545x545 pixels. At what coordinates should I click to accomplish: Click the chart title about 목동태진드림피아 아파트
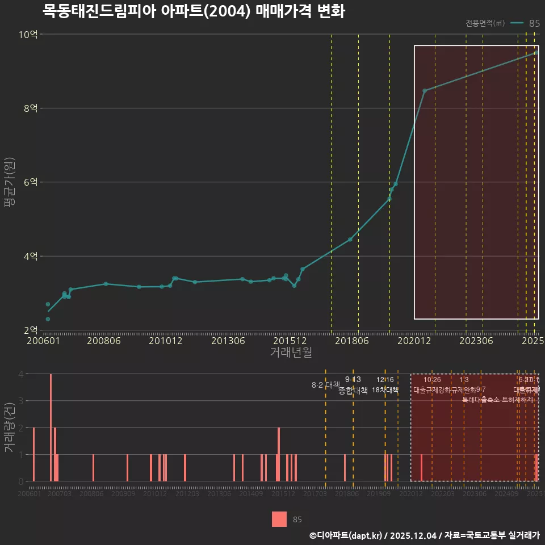[194, 11]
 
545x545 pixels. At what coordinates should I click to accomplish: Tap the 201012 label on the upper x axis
[165, 341]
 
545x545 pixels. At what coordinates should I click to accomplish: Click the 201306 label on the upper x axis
[227, 341]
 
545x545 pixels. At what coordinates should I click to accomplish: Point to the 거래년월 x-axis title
[291, 353]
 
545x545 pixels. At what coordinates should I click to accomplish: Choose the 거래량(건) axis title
[9, 428]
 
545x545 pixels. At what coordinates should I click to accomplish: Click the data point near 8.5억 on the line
[424, 91]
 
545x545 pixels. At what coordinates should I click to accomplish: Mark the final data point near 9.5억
[536, 53]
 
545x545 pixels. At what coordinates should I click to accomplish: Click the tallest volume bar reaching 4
[51, 427]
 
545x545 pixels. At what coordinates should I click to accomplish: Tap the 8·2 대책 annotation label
[325, 385]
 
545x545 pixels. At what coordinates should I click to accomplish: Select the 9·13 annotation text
[353, 379]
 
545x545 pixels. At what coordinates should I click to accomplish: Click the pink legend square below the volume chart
[279, 519]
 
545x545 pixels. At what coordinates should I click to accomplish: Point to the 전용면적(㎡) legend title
[485, 23]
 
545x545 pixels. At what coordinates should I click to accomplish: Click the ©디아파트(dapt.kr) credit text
[346, 535]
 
